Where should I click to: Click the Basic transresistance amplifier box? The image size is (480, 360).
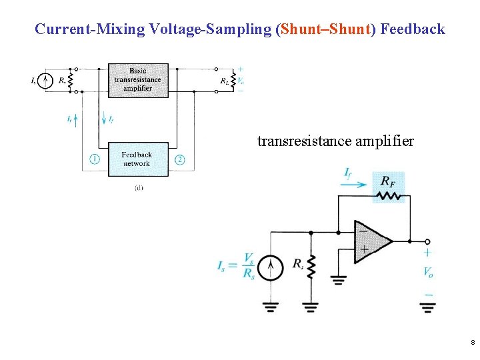pyautogui.click(x=138, y=80)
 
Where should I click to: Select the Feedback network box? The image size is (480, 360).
pyautogui.click(x=138, y=159)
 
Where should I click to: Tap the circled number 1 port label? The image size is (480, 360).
pyautogui.click(x=95, y=159)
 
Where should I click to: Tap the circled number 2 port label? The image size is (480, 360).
pyautogui.click(x=179, y=159)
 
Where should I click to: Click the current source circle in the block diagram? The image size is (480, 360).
pyautogui.click(x=45, y=81)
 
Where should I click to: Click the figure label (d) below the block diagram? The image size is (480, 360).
pyautogui.click(x=138, y=188)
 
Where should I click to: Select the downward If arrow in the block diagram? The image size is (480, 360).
pyautogui.click(x=104, y=119)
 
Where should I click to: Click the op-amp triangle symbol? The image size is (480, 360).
pyautogui.click(x=371, y=241)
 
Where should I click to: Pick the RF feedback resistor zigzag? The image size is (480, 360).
pyautogui.click(x=389, y=195)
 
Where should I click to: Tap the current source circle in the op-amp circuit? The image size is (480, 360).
pyautogui.click(x=271, y=268)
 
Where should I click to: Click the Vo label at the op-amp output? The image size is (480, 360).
pyautogui.click(x=427, y=272)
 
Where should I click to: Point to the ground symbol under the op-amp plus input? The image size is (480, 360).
pyautogui.click(x=339, y=280)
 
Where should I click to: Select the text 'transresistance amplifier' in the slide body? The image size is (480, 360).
pyautogui.click(x=335, y=141)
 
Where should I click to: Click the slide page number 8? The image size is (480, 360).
pyautogui.click(x=472, y=343)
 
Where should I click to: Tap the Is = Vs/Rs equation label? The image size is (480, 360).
pyautogui.click(x=237, y=266)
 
